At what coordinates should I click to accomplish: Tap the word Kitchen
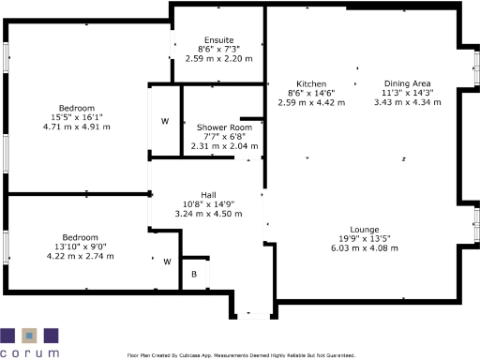tap(311, 83)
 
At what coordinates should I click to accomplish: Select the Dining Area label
tap(408, 82)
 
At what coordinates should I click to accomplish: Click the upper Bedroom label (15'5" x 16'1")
tap(69, 108)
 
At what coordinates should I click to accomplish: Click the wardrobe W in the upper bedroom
tap(164, 121)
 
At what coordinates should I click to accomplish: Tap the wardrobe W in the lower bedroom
tap(168, 262)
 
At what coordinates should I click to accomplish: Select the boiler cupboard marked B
tap(194, 274)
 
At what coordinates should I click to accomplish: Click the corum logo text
tap(29, 352)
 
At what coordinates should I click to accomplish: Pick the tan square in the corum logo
tap(30, 335)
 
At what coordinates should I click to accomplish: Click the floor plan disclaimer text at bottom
tap(241, 355)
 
